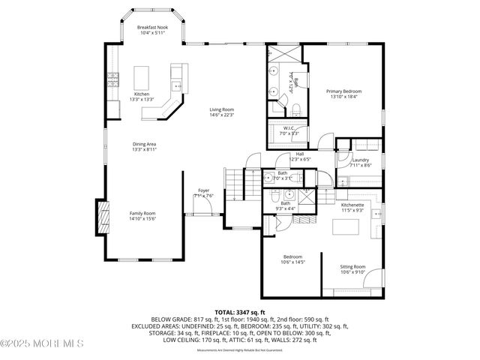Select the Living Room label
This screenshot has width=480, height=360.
coord(221,112)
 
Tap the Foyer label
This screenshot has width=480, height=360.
coord(204,193)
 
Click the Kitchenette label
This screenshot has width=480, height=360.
coord(352,207)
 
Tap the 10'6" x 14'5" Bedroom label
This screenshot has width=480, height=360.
coord(292,259)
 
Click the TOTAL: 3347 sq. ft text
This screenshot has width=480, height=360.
coord(240,311)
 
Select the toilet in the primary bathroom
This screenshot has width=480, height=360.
coord(295,109)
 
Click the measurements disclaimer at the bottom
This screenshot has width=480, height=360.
coord(240,349)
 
